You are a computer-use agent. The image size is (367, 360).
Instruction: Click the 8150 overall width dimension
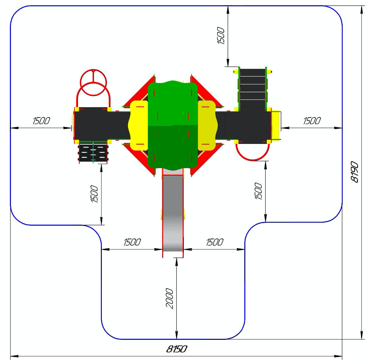pyautogui.click(x=177, y=349)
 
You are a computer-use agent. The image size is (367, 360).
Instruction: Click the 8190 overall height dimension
pyautogui.click(x=354, y=172)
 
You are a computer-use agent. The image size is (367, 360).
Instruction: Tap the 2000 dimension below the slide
pyautogui.click(x=170, y=298)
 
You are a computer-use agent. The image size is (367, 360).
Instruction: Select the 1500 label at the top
pyautogui.click(x=221, y=36)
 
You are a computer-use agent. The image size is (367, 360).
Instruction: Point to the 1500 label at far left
pyautogui.click(x=41, y=121)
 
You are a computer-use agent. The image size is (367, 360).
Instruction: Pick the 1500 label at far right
pyautogui.click(x=312, y=121)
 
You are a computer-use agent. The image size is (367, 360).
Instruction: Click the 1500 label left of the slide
pyautogui.click(x=132, y=242)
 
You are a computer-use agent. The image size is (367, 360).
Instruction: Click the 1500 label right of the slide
pyautogui.click(x=215, y=242)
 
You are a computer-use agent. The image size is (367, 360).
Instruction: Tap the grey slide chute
pyautogui.click(x=173, y=213)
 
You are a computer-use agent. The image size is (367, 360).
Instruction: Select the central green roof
pyautogui.click(x=173, y=125)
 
